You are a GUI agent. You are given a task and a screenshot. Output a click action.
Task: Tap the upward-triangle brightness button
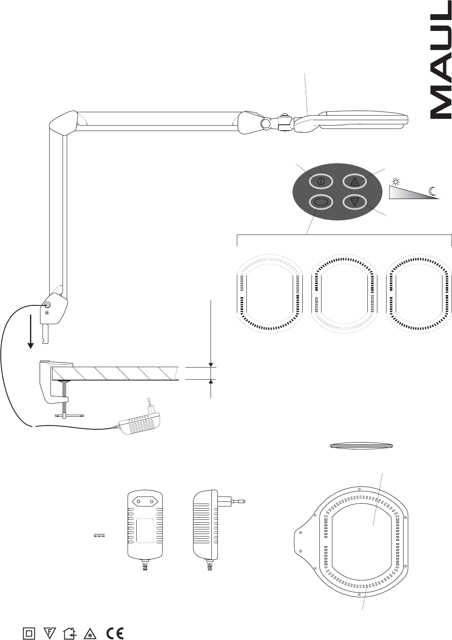[x=355, y=181]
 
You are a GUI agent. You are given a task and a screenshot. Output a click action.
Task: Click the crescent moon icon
[x=432, y=191]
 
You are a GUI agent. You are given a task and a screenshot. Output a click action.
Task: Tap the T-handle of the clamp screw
[x=69, y=416]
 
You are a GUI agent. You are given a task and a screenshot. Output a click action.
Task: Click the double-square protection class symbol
[x=29, y=631]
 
